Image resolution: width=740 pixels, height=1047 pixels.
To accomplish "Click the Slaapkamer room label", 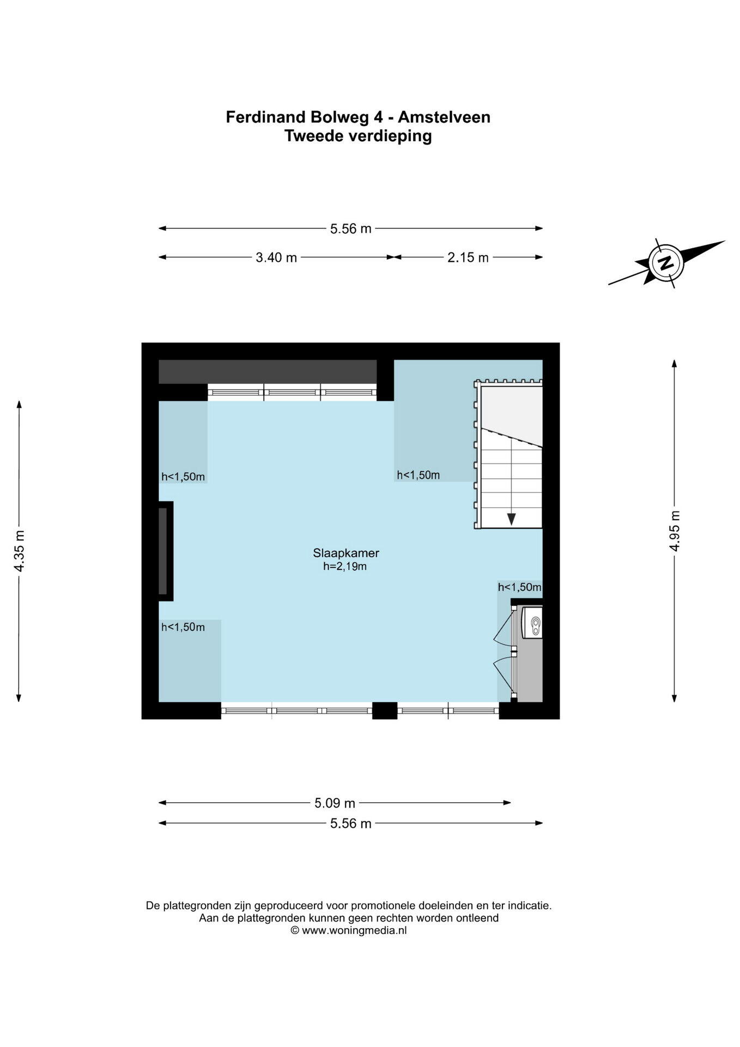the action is coord(346,552).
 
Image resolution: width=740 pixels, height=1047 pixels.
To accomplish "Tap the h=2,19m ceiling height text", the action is coord(345,567).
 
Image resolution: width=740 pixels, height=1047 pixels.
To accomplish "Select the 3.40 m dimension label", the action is coord(276,257).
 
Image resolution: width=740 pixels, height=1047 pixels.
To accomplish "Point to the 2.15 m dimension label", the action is coord(468,257).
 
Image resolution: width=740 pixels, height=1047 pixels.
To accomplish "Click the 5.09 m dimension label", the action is coord(335,803).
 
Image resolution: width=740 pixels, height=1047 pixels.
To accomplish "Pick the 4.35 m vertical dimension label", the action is coord(20,551).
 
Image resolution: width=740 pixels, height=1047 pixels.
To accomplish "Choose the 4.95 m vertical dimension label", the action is coord(675,531).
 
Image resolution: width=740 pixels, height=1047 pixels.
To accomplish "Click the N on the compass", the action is coord(665,263).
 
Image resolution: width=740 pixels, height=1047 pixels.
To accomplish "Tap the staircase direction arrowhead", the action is coord(511,519).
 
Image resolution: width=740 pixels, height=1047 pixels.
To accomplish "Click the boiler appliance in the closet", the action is coord(532,621).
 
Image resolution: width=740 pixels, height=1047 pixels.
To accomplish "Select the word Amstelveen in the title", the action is coord(444,117).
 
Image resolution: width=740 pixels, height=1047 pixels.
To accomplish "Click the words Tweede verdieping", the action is coord(358,136).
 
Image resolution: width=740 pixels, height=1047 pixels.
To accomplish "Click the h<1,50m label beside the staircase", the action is coord(418,475).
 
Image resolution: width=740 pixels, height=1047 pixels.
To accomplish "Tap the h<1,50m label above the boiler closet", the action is coord(519,587).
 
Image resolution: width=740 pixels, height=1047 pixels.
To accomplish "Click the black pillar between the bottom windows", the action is coord(385,711).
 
